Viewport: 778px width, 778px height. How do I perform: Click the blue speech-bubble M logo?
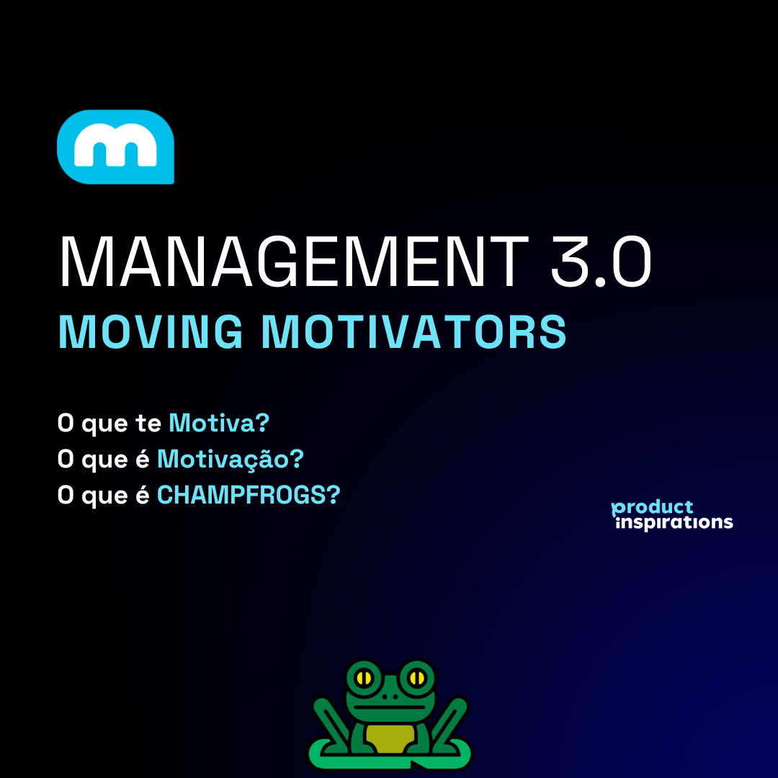click(x=115, y=147)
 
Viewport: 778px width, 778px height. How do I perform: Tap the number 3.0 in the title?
click(x=601, y=261)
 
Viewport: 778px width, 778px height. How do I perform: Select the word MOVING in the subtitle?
click(x=151, y=332)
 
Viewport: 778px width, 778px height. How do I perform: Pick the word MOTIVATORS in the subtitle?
click(x=413, y=332)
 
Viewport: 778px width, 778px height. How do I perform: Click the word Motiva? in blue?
click(x=219, y=423)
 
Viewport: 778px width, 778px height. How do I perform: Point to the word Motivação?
click(x=231, y=458)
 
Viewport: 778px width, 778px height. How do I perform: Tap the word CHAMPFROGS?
click(x=249, y=495)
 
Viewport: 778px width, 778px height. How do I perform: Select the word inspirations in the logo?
click(x=674, y=523)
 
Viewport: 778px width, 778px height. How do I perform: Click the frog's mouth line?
click(x=390, y=707)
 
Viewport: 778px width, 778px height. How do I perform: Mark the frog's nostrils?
click(x=390, y=697)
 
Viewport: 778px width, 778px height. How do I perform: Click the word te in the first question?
click(x=148, y=424)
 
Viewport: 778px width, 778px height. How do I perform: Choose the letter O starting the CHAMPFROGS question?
click(x=66, y=495)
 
